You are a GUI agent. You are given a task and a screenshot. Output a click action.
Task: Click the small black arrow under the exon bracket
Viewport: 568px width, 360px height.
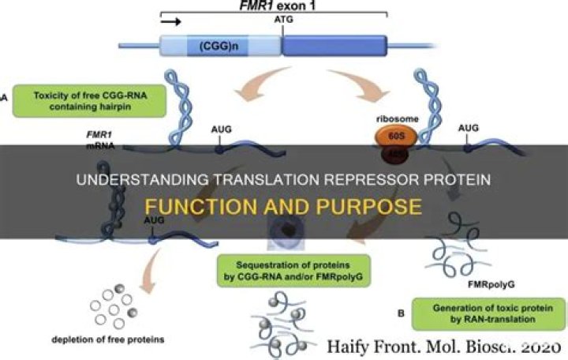point(174,21)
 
